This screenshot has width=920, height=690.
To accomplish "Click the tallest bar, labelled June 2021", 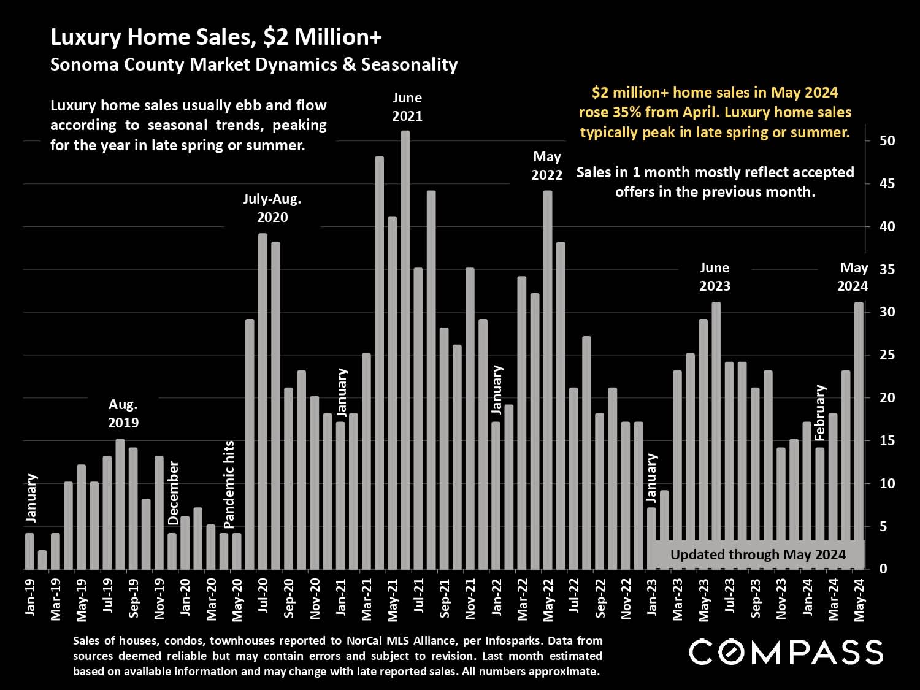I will click(x=405, y=350).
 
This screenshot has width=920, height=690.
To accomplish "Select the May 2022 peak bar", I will click(x=548, y=380).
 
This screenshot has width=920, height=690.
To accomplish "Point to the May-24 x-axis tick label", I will click(x=859, y=600).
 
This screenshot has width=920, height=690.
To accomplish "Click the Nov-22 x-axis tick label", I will click(x=626, y=599).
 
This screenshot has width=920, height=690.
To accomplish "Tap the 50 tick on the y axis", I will click(x=887, y=141).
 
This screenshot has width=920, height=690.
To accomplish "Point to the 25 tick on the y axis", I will click(x=887, y=355).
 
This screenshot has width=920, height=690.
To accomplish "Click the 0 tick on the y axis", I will click(x=883, y=569).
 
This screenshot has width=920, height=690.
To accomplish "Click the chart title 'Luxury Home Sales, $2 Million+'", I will click(x=216, y=37).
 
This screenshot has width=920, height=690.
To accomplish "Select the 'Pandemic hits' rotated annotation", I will click(x=229, y=485).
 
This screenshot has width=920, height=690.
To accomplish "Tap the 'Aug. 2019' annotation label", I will click(x=123, y=413).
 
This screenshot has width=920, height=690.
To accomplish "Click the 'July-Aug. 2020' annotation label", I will click(x=272, y=208).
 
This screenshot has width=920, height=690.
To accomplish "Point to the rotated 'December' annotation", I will click(x=174, y=493).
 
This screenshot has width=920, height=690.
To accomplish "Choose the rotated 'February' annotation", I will click(x=820, y=413).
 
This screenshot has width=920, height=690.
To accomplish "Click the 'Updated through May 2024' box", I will click(x=757, y=554).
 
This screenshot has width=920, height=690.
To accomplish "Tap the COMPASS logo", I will click(x=786, y=652).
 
